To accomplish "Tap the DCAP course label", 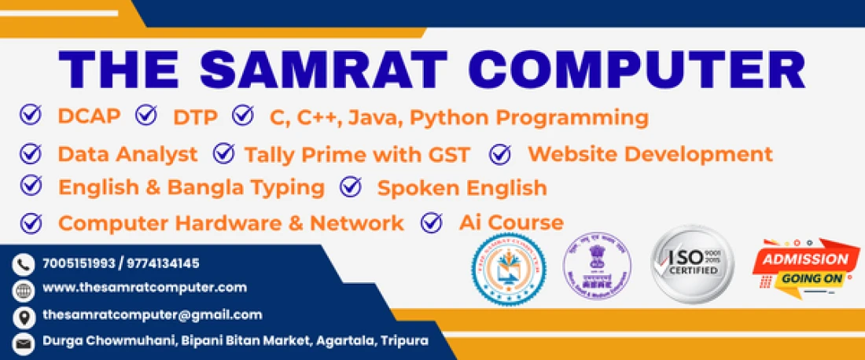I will coord(89,116).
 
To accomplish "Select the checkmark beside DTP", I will coord(146,116).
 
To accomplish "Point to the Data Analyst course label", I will coord(127,154).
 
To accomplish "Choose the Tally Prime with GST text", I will coord(357,154).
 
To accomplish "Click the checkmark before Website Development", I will coord(500,154).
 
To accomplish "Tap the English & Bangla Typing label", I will coord(191,187).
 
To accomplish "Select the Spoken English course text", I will coord(462,188).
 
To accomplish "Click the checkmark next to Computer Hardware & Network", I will coord(31,222).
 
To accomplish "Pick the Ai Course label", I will coord(511,222).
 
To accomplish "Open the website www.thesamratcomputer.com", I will coord(145,288).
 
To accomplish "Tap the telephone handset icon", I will coord(24,264).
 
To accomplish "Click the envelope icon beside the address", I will coord(24,343).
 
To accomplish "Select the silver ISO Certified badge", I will coord(692,264).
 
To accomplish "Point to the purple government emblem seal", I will coord(596,266).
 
